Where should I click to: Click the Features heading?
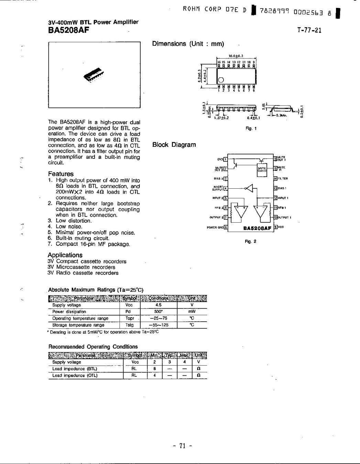(x=61, y=174)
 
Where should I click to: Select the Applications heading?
(x=65, y=255)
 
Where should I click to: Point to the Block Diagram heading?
(x=174, y=145)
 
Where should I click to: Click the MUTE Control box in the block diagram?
(x=262, y=170)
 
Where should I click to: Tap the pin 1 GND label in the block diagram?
(x=220, y=159)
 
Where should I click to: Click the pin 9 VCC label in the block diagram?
(x=281, y=227)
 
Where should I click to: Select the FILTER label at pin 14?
(x=283, y=179)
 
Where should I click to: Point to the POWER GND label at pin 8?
(x=215, y=228)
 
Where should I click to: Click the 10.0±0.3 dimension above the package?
(x=236, y=55)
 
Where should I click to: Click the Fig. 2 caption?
(x=250, y=242)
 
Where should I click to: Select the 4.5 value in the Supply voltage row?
(x=159, y=305)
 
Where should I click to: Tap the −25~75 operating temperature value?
(x=158, y=318)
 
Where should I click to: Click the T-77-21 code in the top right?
(x=309, y=30)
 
